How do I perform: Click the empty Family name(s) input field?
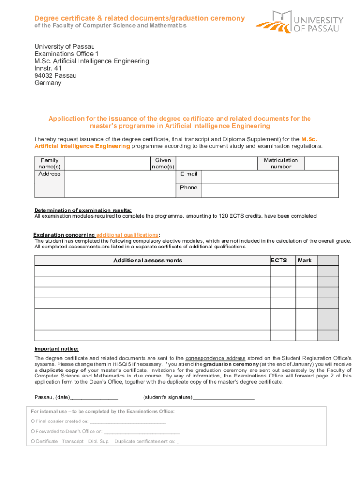pyautogui.click(x=107, y=163)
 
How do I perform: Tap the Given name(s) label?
pyautogui.click(x=163, y=163)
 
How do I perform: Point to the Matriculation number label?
pyautogui.click(x=281, y=163)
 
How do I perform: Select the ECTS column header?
pyautogui.click(x=279, y=261)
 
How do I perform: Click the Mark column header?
pyautogui.click(x=305, y=261)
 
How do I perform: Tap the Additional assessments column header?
pyautogui.click(x=148, y=261)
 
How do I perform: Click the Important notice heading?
pyautogui.click(x=57, y=349)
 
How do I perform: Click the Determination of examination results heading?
pyautogui.click(x=83, y=210)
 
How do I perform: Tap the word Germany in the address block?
pyautogui.click(x=48, y=83)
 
